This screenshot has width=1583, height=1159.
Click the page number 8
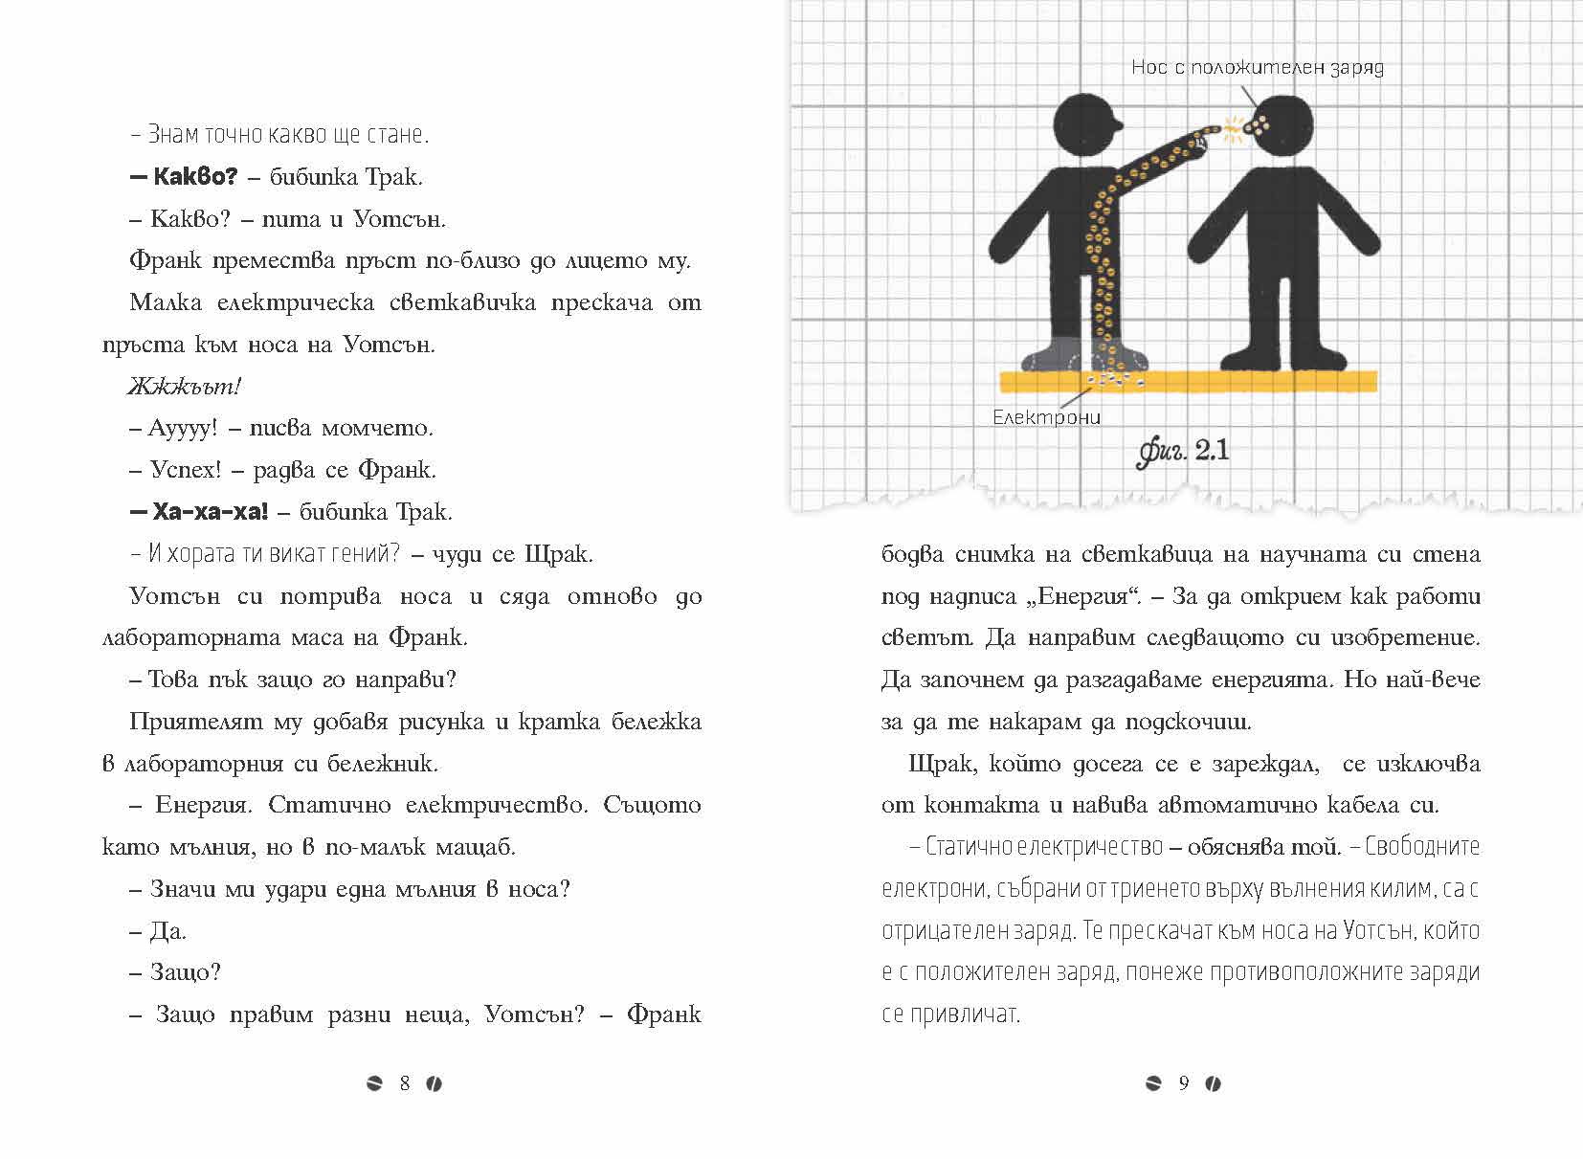405,1083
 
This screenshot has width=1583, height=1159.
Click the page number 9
1184,1083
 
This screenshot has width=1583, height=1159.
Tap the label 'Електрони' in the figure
1046,417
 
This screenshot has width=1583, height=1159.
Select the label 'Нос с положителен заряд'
1257,67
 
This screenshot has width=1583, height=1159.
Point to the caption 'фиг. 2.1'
1183,450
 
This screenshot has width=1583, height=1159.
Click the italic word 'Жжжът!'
184,387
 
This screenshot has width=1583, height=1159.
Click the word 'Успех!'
186,470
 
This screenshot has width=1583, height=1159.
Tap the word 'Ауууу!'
184,428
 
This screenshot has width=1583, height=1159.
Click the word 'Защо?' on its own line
186,972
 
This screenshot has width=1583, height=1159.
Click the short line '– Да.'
158,930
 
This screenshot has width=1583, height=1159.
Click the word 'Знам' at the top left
173,135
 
